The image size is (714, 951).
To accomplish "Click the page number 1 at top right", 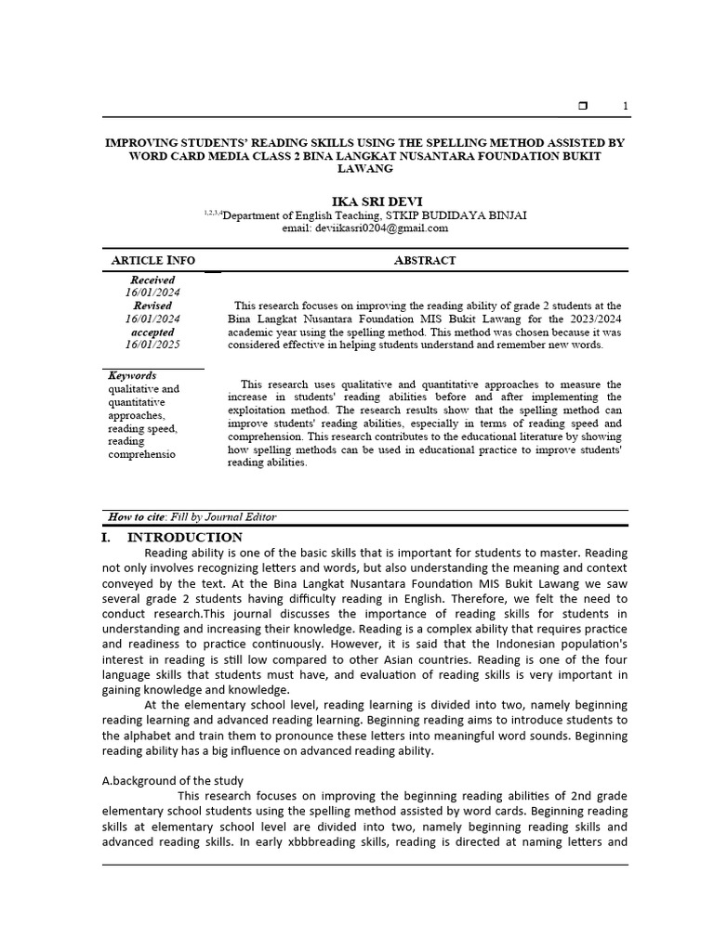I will (x=626, y=107).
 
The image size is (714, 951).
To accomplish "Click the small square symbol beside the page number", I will (x=583, y=107).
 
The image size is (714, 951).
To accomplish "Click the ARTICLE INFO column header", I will (x=153, y=260).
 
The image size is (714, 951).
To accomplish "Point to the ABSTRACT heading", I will (x=425, y=260).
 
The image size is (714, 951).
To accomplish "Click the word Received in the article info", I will (x=152, y=280).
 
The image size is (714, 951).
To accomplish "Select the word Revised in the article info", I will (x=152, y=306).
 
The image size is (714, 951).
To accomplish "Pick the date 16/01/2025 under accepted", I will (x=152, y=345).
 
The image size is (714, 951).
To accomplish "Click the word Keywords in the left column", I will (x=132, y=376).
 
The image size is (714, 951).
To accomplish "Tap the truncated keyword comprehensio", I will (x=141, y=454).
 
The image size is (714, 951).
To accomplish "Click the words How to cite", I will (x=133, y=517).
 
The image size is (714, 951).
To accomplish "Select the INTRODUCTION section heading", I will (x=185, y=538).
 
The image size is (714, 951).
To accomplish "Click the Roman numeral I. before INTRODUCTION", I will (x=107, y=538).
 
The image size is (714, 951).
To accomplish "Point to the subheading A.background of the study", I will (x=172, y=780).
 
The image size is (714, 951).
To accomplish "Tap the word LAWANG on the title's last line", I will (x=365, y=169).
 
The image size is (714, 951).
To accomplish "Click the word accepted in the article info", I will (x=152, y=332).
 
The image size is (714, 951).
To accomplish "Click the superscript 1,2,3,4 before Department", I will (x=213, y=213).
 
